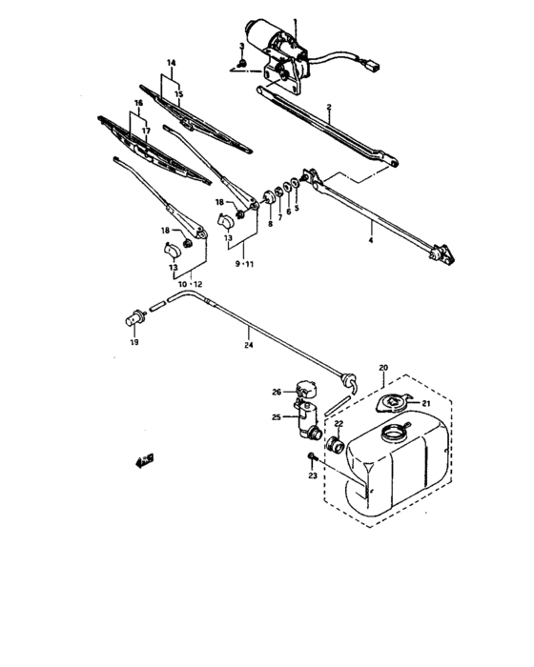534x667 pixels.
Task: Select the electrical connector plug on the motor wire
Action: click(x=373, y=68)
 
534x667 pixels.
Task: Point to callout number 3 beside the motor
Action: click(x=241, y=46)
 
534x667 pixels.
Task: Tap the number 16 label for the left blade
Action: click(x=137, y=102)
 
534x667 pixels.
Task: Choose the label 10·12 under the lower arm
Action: click(x=190, y=284)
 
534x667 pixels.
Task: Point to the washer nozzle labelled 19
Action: click(x=134, y=320)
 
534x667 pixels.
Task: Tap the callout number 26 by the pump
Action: click(x=276, y=392)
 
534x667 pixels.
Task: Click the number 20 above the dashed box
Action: click(x=382, y=367)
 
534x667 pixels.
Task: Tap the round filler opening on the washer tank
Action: click(x=392, y=436)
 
